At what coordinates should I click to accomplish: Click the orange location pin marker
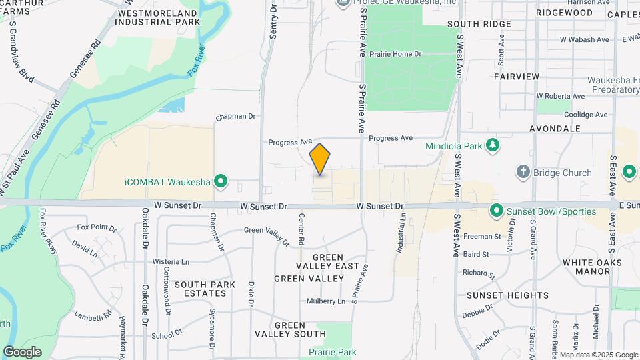320,159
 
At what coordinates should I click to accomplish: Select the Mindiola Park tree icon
493,145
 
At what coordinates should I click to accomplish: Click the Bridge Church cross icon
523,173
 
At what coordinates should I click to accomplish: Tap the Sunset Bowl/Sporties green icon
496,212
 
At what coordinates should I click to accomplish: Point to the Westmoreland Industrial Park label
157,17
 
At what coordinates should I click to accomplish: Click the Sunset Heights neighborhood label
507,295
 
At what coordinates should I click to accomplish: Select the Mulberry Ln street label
326,301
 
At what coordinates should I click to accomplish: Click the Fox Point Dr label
97,227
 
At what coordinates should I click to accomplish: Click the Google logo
22,352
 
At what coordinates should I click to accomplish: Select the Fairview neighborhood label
517,77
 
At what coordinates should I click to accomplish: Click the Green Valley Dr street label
266,231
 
